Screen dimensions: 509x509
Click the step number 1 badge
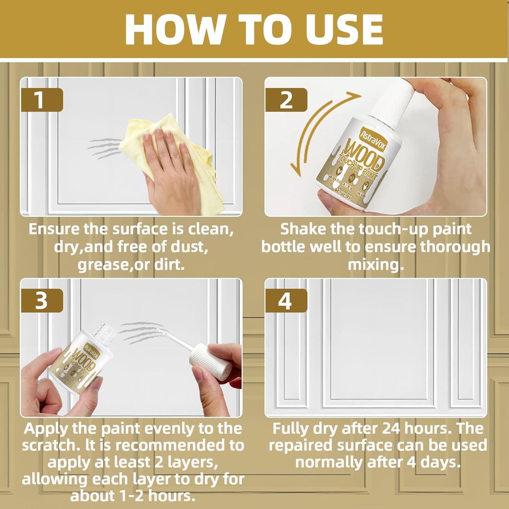tap(42, 100)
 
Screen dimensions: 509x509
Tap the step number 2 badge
tap(286, 100)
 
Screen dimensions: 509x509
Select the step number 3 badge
tap(42, 301)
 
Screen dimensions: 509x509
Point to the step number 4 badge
tap(286, 301)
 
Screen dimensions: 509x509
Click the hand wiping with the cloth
tap(166, 159)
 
